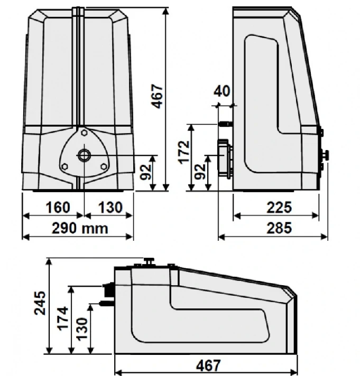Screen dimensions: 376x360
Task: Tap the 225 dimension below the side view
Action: point(279,208)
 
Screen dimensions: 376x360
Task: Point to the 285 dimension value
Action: point(279,228)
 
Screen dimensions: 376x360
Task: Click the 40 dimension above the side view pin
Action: point(222,91)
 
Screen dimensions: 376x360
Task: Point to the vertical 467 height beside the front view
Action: point(158,96)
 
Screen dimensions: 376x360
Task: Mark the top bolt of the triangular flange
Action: point(84,134)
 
